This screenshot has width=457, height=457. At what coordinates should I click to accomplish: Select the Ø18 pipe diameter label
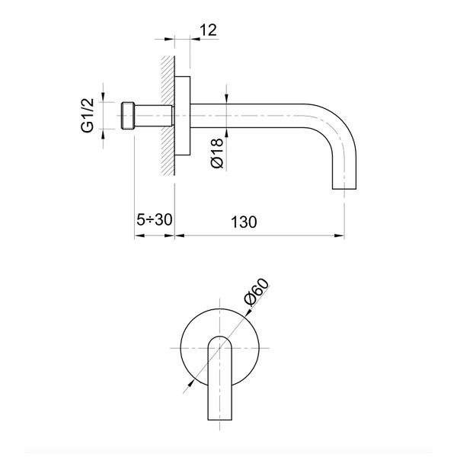tap(216, 152)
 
